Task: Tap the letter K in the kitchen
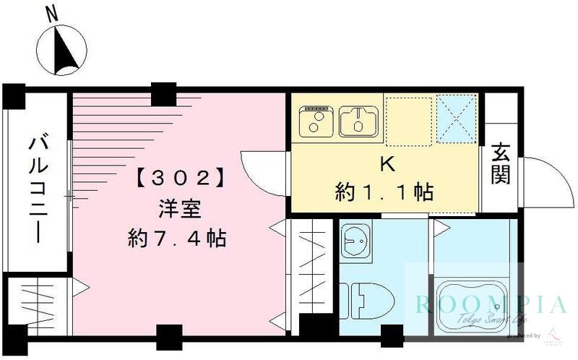click(387, 164)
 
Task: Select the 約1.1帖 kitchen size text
click(384, 192)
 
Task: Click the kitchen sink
click(356, 120)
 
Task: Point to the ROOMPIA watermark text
click(491, 304)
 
